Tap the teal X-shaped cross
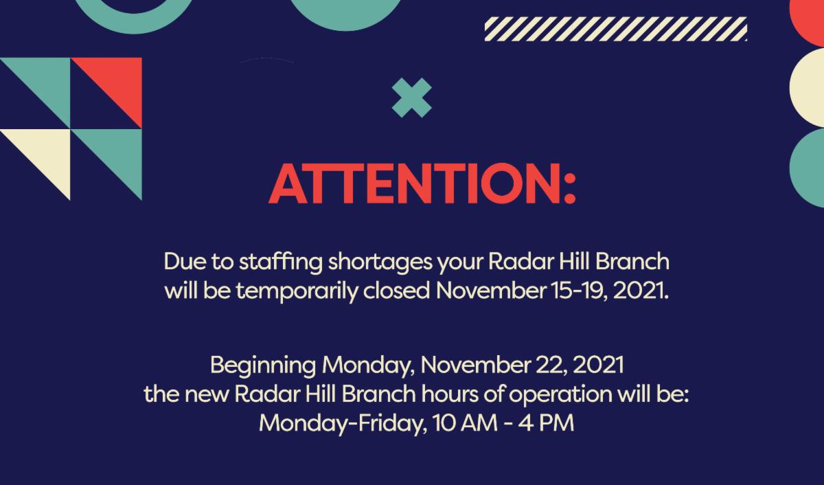click(411, 98)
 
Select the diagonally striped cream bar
click(615, 30)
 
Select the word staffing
click(273, 263)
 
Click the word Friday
click(389, 422)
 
